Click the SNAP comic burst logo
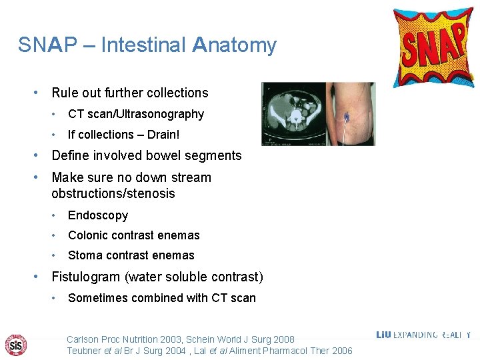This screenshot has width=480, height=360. tap(433, 47)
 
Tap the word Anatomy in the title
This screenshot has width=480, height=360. tap(234, 45)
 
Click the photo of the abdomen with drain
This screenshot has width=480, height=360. tap(349, 113)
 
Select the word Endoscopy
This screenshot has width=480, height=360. tap(98, 215)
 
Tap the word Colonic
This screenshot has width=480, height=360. tap(88, 235)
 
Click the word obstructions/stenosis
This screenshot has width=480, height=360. tap(113, 194)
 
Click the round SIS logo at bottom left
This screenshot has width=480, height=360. tap(15, 344)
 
